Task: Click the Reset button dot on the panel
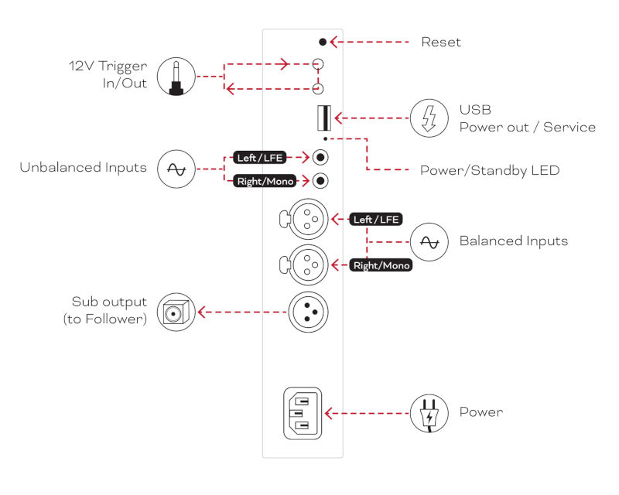point(323,42)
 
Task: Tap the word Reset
point(441,42)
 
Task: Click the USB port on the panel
point(324,118)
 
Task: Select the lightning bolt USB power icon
point(429,118)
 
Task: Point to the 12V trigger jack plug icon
point(176,77)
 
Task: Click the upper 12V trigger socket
point(318,64)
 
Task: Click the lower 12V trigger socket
point(318,89)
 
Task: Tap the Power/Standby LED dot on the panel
point(325,139)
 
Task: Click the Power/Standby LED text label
point(490,170)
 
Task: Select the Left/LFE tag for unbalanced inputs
point(260,158)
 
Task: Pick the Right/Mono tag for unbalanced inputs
point(265,181)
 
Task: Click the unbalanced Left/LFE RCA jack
point(320,158)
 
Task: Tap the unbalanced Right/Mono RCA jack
point(320,181)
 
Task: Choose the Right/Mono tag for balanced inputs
point(381,265)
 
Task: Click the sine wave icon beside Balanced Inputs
point(429,242)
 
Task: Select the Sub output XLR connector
point(308,312)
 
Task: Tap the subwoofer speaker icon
point(176,312)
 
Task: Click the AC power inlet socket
point(303,413)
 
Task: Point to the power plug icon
point(429,413)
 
